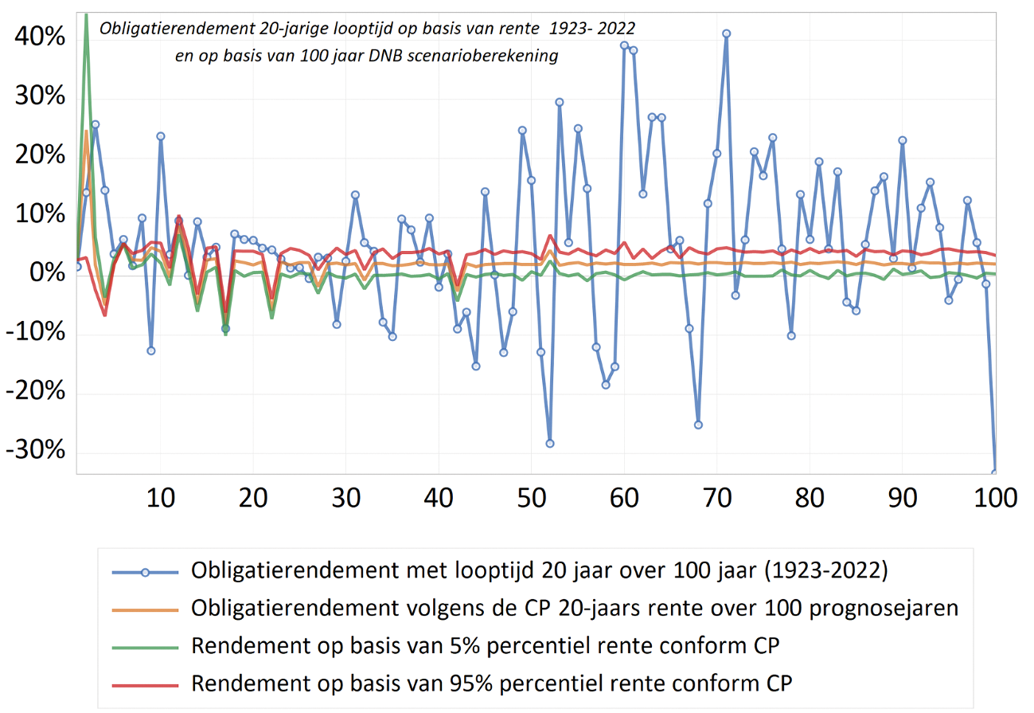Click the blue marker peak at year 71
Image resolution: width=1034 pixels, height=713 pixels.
726,33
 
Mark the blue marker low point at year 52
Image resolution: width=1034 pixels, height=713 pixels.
550,444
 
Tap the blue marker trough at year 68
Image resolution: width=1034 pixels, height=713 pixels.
698,425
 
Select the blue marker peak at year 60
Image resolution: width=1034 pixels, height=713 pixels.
624,45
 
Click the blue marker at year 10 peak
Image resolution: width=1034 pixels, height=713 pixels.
161,136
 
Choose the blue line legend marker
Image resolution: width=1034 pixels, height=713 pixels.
145,571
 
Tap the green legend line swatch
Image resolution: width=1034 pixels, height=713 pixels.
145,646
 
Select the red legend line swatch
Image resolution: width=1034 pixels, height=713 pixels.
145,684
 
